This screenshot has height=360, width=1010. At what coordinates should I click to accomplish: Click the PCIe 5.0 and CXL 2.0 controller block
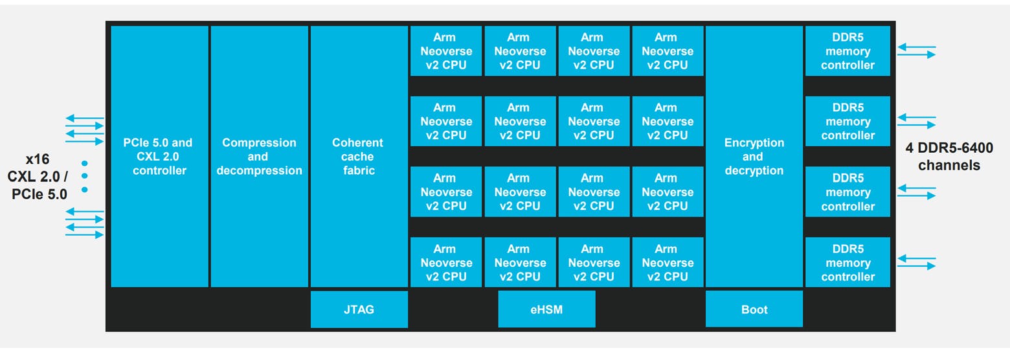coord(159,156)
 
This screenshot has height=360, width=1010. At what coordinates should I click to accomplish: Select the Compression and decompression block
coord(259,156)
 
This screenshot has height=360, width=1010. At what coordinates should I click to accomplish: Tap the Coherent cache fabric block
coord(359,156)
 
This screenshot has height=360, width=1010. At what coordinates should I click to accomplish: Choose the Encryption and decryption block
coord(754,156)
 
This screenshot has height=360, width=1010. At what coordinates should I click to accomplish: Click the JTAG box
coord(359,309)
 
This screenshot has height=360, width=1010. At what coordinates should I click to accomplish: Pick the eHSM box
coord(546,309)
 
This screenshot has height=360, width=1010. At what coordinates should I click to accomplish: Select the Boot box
coord(754,309)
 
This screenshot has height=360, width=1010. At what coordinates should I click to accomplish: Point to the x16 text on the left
coord(37,159)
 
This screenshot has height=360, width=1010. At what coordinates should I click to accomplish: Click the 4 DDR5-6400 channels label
coord(948,157)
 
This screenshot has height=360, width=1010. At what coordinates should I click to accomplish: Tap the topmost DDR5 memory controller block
coord(847,51)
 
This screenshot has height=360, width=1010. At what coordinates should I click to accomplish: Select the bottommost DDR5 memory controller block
coord(847,263)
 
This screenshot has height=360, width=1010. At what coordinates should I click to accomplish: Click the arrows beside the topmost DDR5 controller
coord(916,51)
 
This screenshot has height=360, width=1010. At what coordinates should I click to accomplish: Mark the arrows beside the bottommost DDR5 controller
coord(916,262)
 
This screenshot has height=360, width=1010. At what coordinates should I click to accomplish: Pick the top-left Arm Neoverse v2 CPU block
coord(445,51)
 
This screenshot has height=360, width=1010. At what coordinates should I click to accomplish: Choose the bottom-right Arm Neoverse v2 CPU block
coord(667,263)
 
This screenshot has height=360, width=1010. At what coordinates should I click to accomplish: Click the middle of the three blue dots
coord(84,176)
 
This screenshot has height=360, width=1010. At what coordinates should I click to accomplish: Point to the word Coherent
coord(358,142)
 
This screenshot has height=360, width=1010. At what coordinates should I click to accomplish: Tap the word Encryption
coord(754,142)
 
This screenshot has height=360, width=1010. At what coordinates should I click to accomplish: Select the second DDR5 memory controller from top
coord(847,122)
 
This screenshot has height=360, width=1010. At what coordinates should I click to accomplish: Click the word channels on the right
coord(948,165)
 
